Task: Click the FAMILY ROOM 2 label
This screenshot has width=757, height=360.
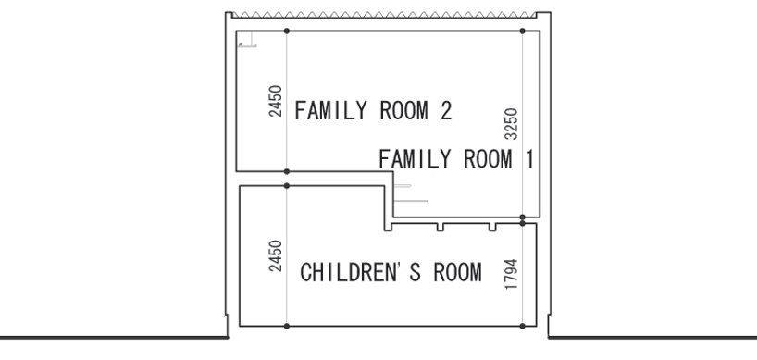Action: point(373,110)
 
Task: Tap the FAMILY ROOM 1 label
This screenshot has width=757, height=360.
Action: point(456,159)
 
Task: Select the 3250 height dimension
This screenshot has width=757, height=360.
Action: point(511,124)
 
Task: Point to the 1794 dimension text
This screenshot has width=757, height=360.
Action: point(511,274)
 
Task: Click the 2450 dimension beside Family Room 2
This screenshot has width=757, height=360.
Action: point(275,101)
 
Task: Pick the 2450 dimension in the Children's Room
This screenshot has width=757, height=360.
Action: point(275,255)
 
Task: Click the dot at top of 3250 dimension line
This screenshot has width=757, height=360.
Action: point(522,31)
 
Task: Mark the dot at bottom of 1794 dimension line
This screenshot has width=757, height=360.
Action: point(522,326)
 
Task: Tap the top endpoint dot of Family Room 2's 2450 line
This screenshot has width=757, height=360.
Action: point(287,31)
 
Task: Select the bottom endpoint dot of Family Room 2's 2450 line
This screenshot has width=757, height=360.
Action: point(287,171)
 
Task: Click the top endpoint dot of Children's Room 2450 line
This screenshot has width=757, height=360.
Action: point(287,186)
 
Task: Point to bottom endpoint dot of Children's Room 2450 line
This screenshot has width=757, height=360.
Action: point(287,326)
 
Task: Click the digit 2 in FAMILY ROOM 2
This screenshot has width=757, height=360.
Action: point(446,110)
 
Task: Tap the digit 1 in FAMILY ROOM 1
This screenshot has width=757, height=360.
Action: point(529,159)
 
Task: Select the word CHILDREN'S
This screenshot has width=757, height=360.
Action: point(361,272)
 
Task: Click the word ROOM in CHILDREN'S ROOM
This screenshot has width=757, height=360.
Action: point(458,272)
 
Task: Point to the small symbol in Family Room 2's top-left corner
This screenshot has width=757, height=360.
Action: point(247,40)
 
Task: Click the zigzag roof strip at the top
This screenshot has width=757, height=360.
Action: point(384,15)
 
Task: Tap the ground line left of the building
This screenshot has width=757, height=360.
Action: point(114,337)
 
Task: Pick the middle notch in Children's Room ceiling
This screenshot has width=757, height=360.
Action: point(441,227)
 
